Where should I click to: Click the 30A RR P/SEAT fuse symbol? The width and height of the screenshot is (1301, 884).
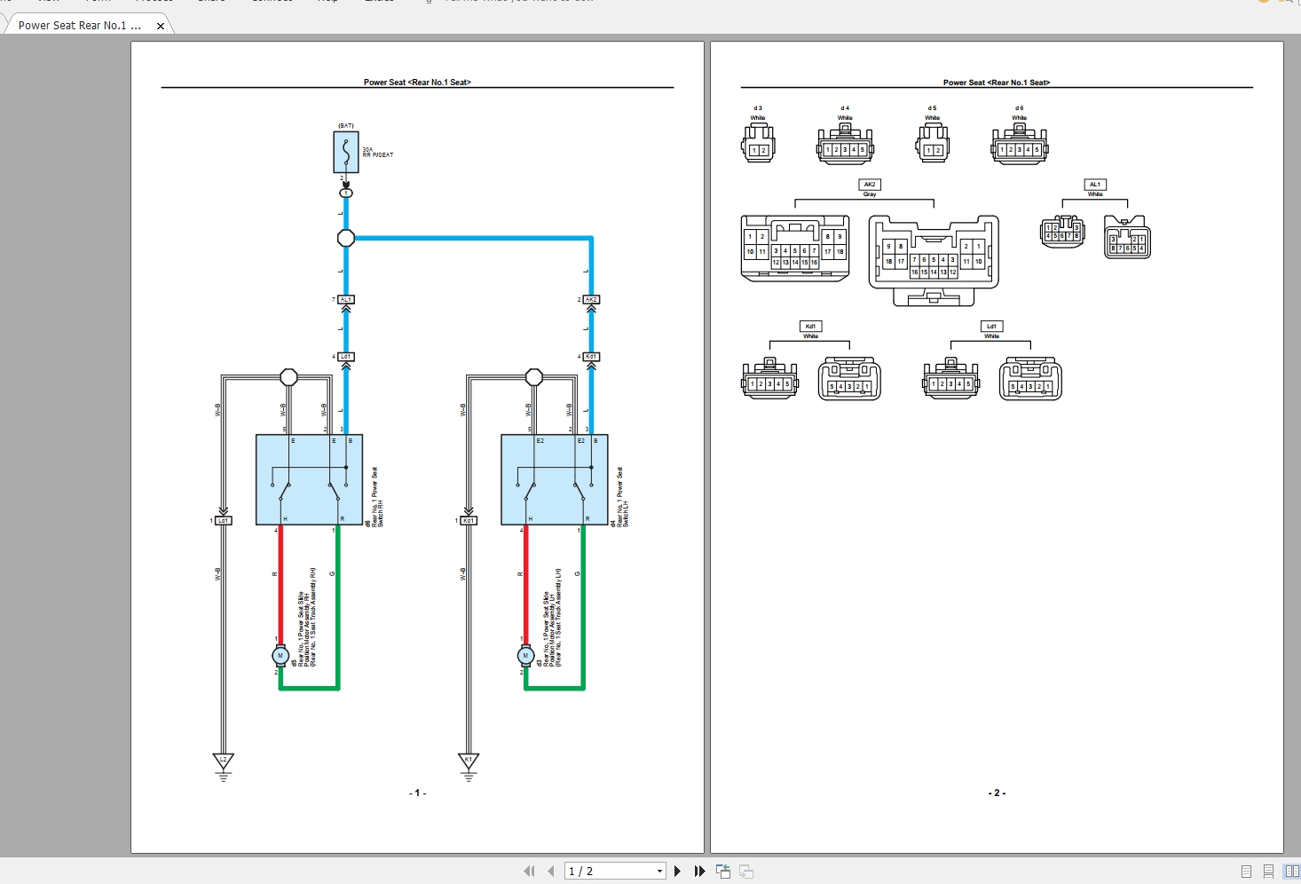click(x=346, y=152)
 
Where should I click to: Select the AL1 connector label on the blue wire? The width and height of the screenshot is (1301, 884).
click(x=346, y=300)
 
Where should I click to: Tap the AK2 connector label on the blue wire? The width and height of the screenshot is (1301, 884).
click(x=591, y=300)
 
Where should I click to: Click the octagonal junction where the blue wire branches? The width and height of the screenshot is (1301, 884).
click(x=346, y=238)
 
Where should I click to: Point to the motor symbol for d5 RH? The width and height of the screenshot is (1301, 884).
click(x=280, y=656)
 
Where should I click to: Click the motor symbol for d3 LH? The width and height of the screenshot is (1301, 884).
click(x=525, y=656)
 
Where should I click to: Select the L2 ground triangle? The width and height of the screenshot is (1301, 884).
click(x=224, y=762)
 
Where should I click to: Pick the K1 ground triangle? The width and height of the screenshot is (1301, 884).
click(x=469, y=762)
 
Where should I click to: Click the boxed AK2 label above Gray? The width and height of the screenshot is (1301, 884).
click(x=870, y=185)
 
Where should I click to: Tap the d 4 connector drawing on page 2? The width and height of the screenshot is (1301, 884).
click(x=845, y=145)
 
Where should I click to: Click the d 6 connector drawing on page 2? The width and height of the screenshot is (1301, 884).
click(x=1020, y=145)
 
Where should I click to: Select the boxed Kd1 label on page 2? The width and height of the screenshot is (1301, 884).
click(x=810, y=327)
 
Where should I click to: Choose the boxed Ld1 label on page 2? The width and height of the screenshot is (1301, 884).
click(x=991, y=327)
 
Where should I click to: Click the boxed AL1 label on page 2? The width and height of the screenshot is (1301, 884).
click(x=1095, y=185)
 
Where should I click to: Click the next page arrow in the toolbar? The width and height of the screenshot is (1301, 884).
click(x=678, y=872)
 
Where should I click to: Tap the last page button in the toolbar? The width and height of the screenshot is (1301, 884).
click(x=699, y=872)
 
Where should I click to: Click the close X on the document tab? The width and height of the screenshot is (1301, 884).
click(x=161, y=26)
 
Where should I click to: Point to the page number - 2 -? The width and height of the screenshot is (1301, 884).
click(x=997, y=793)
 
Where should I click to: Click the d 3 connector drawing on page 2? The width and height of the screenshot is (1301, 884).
click(x=758, y=145)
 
